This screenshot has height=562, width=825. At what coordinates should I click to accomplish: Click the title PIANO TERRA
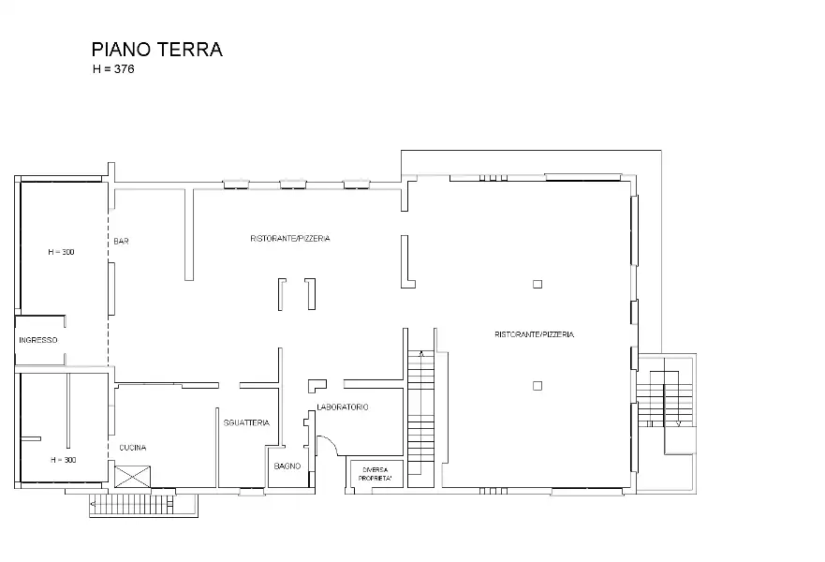coord(156,50)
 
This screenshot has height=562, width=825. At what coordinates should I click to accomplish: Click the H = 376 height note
coord(113,70)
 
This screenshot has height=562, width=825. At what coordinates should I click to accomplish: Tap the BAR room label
coord(121,242)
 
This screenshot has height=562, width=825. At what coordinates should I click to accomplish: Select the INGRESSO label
coord(37,340)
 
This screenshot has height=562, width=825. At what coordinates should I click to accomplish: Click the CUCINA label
coord(132,448)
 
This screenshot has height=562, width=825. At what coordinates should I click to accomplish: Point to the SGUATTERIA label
coord(246,423)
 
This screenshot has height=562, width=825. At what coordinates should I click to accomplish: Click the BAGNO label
coord(287,466)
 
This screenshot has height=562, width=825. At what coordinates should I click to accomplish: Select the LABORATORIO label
coord(343,407)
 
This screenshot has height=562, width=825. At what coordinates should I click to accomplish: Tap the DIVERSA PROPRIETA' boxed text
coord(376,474)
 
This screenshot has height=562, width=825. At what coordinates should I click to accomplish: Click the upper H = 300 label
coord(61,252)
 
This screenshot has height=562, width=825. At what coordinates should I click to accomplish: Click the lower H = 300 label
coord(63,460)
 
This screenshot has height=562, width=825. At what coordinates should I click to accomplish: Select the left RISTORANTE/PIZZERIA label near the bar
coord(289,239)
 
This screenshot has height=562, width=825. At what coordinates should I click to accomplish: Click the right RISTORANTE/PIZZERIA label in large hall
coord(534,334)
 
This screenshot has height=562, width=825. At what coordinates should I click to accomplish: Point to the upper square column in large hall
coord(537,284)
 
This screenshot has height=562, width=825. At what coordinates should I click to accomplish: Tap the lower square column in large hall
coord(537,385)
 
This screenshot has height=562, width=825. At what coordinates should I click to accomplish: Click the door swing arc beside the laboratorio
coord(327,446)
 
